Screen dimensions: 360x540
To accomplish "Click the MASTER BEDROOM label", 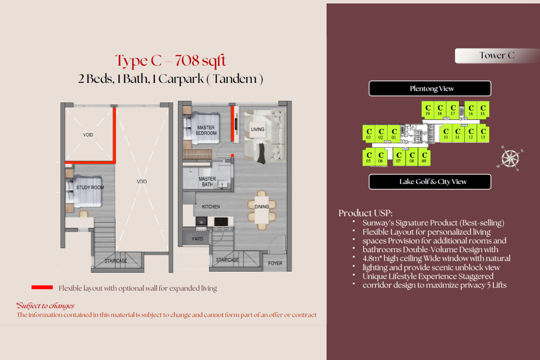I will click(206, 130).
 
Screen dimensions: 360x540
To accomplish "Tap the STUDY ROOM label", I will click(90, 187).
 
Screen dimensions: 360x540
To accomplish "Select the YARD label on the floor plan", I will click(197, 239).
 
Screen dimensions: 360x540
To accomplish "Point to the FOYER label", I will click(275, 263).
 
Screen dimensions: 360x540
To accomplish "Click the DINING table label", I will click(262, 206).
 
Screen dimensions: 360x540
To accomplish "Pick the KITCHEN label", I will click(211, 207).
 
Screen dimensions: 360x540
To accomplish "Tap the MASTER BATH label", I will click(207, 181).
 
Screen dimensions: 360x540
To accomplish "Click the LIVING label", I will click(257, 129).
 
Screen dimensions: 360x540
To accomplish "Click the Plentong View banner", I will click(430, 88).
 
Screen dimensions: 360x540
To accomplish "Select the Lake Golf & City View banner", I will click(430, 182).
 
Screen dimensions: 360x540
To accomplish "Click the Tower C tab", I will click(497, 55).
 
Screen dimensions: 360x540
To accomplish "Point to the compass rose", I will click(510, 158).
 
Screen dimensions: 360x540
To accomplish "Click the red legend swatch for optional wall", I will click(42, 287).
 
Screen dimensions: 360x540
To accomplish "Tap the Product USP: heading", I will click(365, 213).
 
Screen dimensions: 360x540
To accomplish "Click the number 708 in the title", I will click(187, 60).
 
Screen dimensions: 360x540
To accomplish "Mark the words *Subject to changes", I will click(45, 306).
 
